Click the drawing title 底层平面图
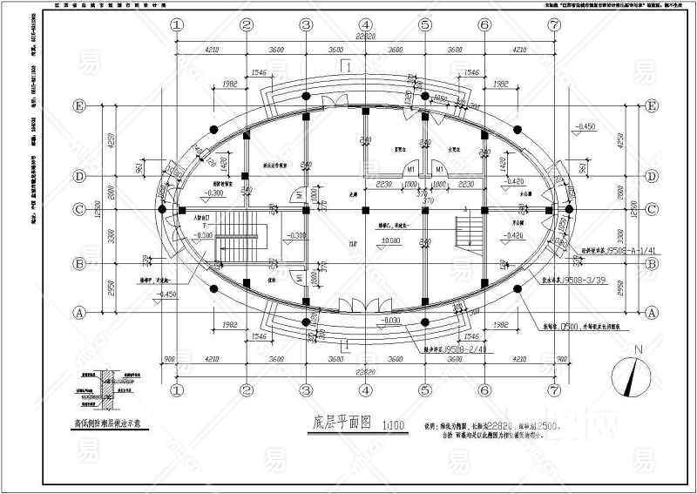[341, 423]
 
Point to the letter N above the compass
[638, 350]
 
